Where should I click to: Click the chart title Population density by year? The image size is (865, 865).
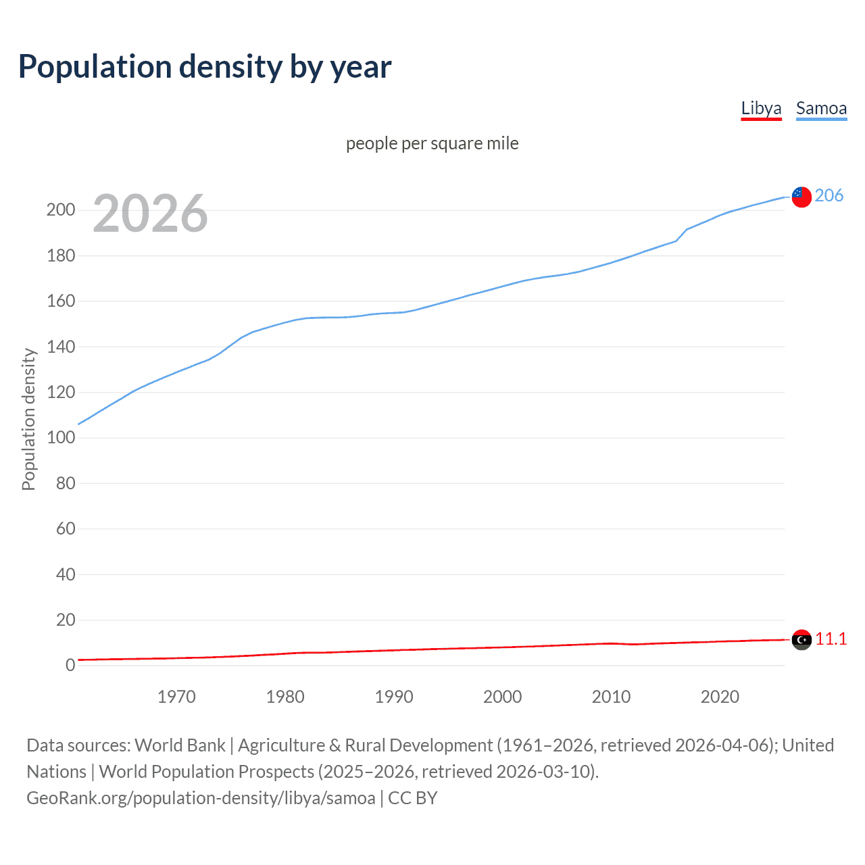click(205, 67)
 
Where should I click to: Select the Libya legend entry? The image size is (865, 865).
click(761, 108)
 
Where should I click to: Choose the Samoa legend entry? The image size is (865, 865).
click(821, 108)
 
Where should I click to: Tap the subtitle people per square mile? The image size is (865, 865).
click(432, 143)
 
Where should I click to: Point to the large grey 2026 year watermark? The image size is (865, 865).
click(150, 214)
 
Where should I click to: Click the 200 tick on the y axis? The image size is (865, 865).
click(61, 209)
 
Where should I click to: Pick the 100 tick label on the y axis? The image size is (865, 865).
click(61, 437)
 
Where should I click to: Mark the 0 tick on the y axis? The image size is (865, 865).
click(70, 665)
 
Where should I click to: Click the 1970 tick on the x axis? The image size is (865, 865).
click(176, 697)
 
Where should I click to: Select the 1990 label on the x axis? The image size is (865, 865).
click(394, 697)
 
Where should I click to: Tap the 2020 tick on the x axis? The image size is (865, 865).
click(720, 697)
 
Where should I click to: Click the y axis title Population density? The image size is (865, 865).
click(28, 419)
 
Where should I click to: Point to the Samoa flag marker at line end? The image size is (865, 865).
click(801, 197)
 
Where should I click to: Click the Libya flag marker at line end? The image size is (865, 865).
click(801, 639)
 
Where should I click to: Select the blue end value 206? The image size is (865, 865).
click(829, 195)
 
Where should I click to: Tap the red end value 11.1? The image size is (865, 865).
click(831, 639)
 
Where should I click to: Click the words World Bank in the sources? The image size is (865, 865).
click(180, 745)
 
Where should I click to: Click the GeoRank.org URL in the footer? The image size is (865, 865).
click(201, 798)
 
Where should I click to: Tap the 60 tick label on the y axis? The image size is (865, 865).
click(66, 528)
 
